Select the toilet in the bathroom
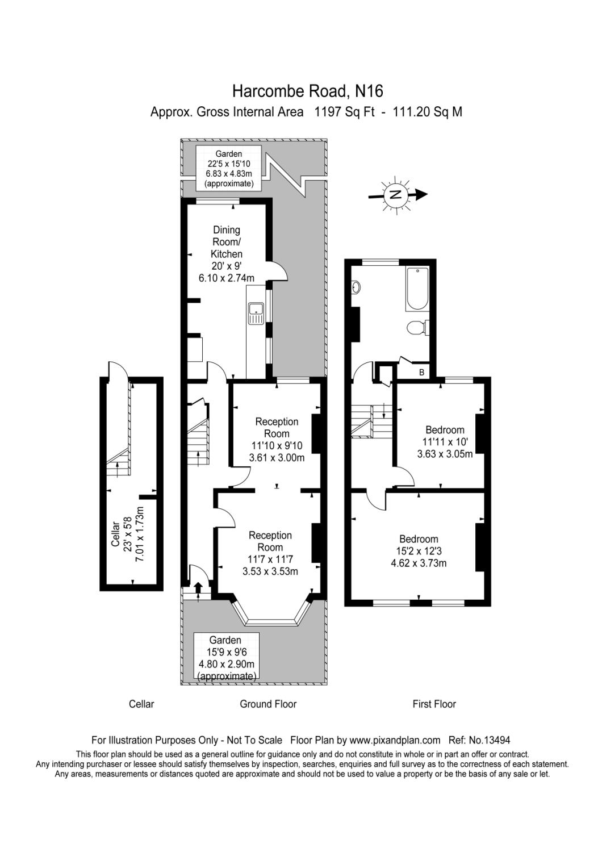(417, 328)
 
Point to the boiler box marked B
(421, 372)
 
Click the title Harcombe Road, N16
(308, 91)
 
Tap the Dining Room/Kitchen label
(227, 242)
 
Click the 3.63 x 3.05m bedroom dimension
(445, 454)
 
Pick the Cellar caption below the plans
(141, 704)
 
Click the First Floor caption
(434, 704)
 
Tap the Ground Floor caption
(268, 704)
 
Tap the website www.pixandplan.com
(395, 740)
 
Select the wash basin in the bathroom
(356, 288)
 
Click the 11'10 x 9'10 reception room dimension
(277, 446)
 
